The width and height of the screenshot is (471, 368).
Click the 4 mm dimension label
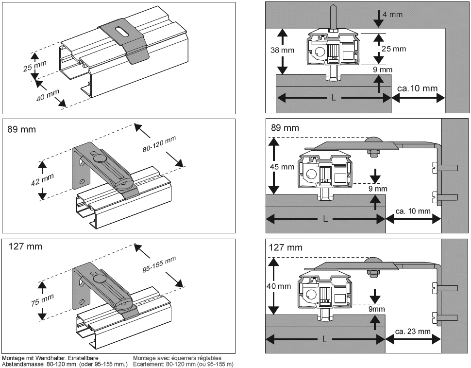point(392,14)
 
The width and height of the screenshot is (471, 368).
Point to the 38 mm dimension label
point(283,50)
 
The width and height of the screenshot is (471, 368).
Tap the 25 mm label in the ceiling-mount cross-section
point(394,49)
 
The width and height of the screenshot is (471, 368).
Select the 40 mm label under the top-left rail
point(48,95)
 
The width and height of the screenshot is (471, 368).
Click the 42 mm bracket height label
point(42,180)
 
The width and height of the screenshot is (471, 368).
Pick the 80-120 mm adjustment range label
point(159,144)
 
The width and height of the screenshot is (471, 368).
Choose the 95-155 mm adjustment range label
point(159,264)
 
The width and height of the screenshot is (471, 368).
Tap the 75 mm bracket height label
point(42,300)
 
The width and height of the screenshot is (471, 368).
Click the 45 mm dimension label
point(282,167)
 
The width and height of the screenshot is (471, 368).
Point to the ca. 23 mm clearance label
point(413,332)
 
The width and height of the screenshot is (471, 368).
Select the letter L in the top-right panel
point(334,97)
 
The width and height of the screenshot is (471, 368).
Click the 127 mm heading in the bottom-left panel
point(25,246)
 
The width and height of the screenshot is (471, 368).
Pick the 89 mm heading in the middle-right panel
point(285,128)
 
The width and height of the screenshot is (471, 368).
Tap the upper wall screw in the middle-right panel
point(445,167)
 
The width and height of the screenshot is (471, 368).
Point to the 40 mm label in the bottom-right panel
point(279,286)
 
